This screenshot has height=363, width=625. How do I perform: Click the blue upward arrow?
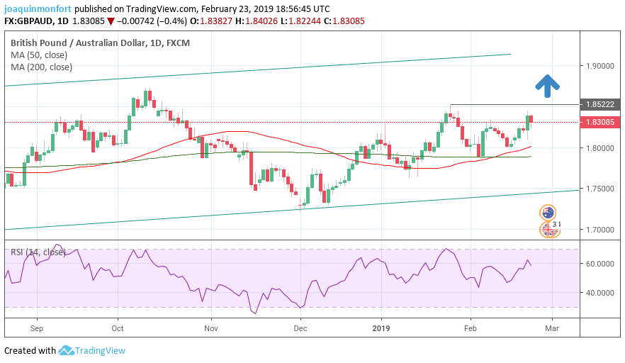tap(546, 85)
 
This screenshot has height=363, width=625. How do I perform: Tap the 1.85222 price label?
tap(599, 104)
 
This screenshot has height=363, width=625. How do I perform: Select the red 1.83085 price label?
tap(599, 122)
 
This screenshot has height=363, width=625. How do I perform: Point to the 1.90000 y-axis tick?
tap(599, 66)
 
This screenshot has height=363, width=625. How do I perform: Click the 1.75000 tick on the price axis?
tap(599, 189)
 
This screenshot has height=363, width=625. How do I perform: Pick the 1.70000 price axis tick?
tap(599, 230)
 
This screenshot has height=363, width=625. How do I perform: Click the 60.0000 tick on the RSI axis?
tap(599, 263)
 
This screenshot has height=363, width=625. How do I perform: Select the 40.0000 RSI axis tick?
tap(599, 292)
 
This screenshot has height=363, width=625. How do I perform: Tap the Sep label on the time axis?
tap(38, 328)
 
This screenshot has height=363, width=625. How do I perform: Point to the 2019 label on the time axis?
tap(381, 328)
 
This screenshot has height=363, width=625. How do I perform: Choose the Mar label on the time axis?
tap(552, 328)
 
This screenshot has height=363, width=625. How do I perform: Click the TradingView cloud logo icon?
tap(67, 350)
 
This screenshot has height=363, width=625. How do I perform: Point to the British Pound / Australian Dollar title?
tap(80, 43)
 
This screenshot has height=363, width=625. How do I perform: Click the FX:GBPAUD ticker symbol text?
tap(31, 21)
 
